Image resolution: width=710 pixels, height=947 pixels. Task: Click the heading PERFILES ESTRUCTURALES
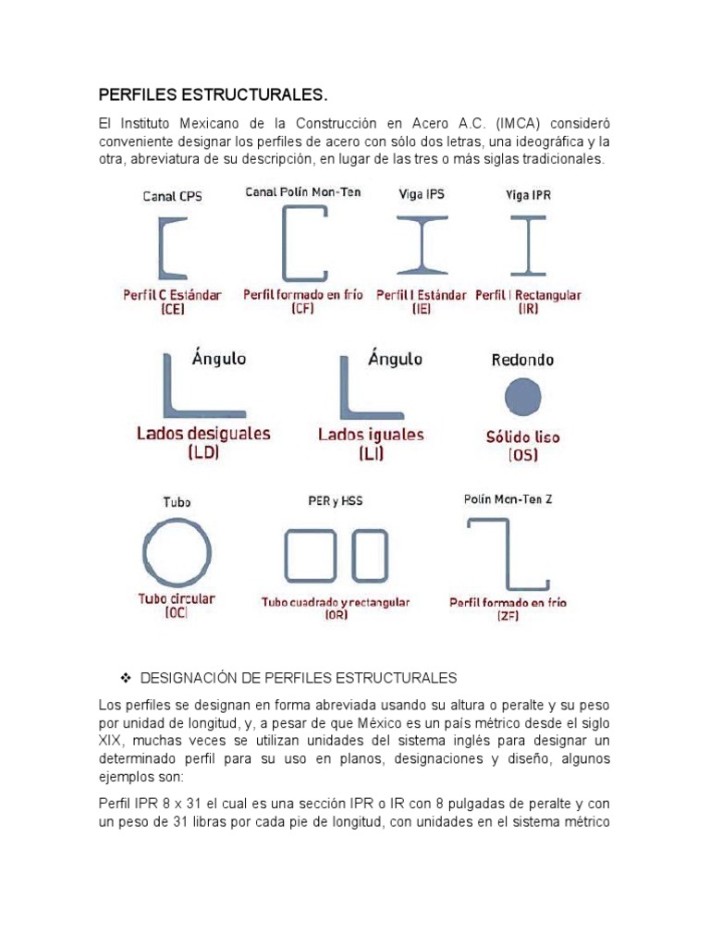pos(214,95)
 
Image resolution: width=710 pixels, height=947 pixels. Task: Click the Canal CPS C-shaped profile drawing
pos(173,248)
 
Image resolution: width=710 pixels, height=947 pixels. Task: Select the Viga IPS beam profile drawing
pos(422,245)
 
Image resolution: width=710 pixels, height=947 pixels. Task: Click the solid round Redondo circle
pos(522,398)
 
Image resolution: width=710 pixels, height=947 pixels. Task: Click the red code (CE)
pos(172,311)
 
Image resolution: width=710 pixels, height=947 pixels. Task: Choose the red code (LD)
pos(203,453)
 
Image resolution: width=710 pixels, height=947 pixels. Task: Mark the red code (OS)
pos(522,455)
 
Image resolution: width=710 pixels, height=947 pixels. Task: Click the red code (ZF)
pos(508,617)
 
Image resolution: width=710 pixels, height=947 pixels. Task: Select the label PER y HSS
pos(335,500)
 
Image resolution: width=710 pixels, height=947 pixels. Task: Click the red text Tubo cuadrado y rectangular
pos(336,602)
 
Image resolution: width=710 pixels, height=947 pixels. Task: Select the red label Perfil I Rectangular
pos(528,296)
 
